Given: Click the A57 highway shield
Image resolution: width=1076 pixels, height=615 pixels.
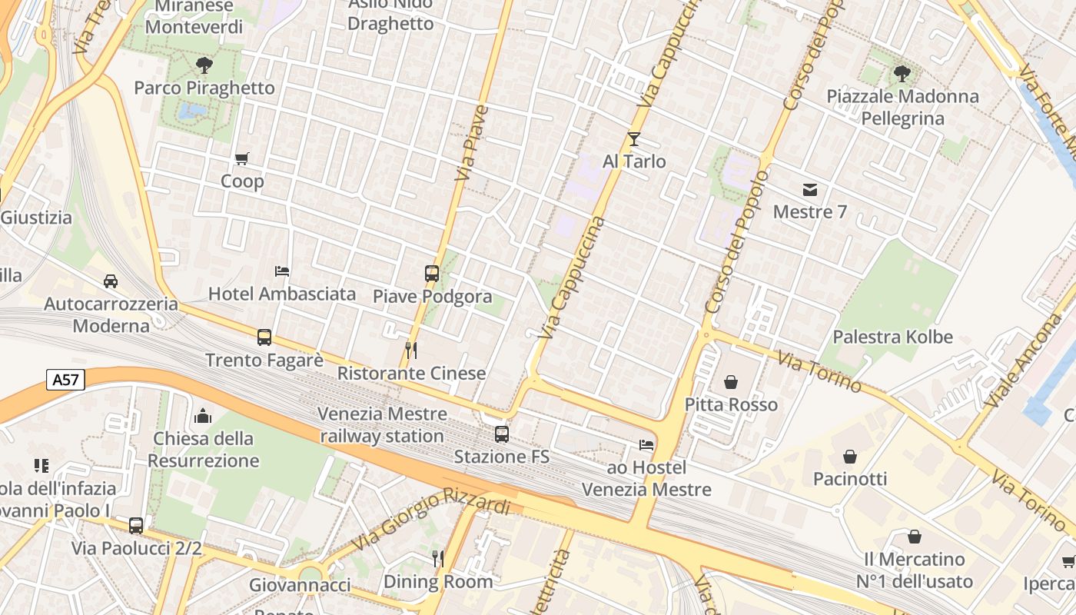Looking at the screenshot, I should coord(65,380).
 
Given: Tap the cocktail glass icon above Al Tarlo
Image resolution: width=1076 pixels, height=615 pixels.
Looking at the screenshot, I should coord(634,139).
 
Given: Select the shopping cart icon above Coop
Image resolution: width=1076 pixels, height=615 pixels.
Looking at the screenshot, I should coord(242,159).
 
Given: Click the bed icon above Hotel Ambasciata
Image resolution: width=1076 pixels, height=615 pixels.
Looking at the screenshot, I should coord(282,271).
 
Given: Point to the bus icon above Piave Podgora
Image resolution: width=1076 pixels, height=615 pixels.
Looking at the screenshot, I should coord(432,273).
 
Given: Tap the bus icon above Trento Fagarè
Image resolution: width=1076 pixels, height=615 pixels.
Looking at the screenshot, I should coord(264,337).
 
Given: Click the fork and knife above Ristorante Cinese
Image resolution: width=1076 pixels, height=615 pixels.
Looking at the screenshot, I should coord(411,351).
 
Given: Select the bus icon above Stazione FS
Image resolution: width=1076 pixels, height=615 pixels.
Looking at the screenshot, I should coord(502,434).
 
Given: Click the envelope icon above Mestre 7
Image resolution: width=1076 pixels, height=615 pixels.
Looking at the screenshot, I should coord(810,189).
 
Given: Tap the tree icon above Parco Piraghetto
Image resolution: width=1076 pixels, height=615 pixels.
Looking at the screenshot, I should coord(204,65).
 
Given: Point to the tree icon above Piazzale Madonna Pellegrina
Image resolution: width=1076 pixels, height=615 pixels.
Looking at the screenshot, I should coord(902,74).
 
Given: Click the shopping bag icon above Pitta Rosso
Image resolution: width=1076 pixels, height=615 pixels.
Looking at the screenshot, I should coord(731,382).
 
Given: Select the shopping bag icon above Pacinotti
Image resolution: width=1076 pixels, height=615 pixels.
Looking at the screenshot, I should coord(850,457).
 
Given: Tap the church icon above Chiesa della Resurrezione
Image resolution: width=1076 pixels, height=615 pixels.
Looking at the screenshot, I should coord(204,416).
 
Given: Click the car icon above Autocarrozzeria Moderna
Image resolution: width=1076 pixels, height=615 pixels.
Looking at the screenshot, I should coord(111,281).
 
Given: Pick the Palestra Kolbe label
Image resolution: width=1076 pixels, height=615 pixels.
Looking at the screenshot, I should coord(892,337).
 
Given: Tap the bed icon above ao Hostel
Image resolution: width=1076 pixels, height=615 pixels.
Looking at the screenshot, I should coord(646,445).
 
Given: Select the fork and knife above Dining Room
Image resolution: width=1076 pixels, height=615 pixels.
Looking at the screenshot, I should coord(437,558).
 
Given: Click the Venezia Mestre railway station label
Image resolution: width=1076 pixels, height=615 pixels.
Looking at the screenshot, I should coord(382,424).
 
